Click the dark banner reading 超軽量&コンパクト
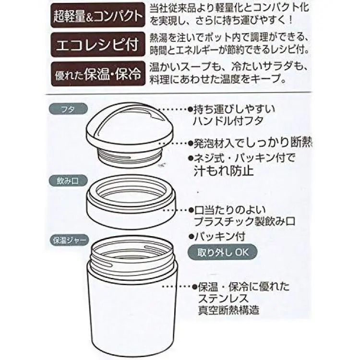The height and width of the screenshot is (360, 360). pos(98,15)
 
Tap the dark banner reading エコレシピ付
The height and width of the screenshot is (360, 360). pos(98,44)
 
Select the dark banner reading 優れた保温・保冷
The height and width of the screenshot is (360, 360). pos(98,74)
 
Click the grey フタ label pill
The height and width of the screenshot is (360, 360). pos(68,109)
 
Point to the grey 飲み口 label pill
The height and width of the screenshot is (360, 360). pos(68,181)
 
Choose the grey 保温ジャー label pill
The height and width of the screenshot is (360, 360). pos(69,240)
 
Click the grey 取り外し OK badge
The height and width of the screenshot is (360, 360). pos(223,252)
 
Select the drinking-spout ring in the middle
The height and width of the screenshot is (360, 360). pos(132,202)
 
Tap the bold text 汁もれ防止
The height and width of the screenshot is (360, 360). pos(224,171)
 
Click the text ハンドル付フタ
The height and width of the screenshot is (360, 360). pos(228,121)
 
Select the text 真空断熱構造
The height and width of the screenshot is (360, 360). pos(228,310)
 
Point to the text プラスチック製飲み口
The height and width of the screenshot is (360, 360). pos(244,221)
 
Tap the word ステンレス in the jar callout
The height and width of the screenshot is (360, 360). pos(223,298)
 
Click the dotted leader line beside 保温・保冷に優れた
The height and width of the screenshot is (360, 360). pos(177,286)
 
